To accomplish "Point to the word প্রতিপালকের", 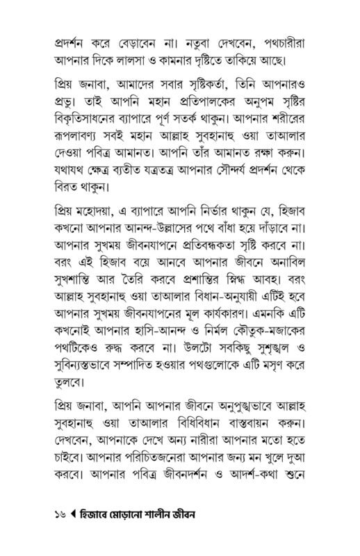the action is click(x=199, y=103).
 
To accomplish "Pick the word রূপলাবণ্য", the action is click(x=80, y=141).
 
